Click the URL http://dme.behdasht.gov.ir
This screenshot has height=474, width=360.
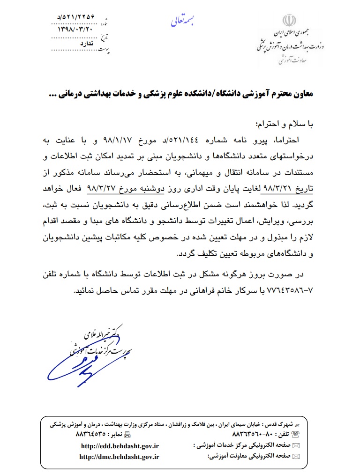pos(120,457)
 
